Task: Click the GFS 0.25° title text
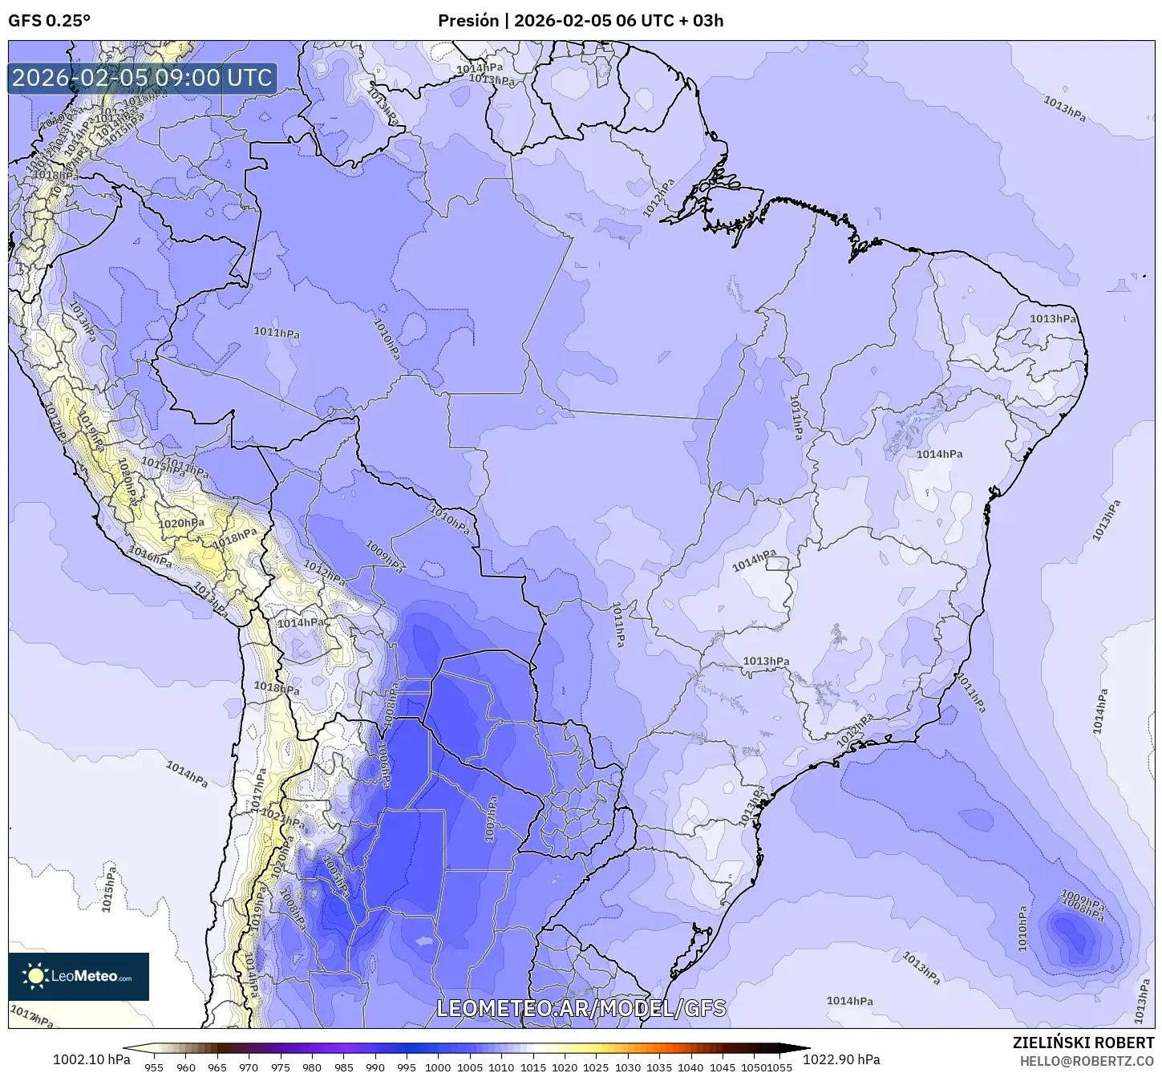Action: [x=49, y=21]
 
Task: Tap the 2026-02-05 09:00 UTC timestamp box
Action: [x=142, y=78]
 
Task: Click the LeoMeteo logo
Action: [x=78, y=976]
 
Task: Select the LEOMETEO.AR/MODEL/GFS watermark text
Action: [x=581, y=1008]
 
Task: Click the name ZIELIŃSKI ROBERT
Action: [x=1083, y=1043]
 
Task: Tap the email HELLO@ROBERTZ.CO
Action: [x=1087, y=1060]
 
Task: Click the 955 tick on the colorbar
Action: [x=154, y=1067]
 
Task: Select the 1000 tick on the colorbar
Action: [x=438, y=1067]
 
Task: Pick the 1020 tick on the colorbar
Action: [x=565, y=1067]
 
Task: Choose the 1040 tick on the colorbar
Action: [x=690, y=1067]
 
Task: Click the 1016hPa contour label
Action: [x=150, y=556]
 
